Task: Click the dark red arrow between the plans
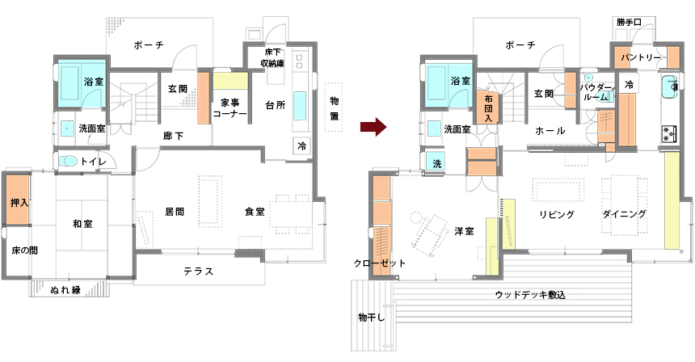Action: coord(371,127)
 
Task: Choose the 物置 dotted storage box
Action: coord(333,109)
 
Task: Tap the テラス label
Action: coord(198,271)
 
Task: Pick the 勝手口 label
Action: coord(628,22)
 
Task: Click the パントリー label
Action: coord(642,58)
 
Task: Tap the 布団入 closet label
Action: coord(489,107)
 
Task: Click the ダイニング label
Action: coord(624,214)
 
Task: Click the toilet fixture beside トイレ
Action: coord(68,162)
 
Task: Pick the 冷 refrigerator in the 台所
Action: coord(301,146)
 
